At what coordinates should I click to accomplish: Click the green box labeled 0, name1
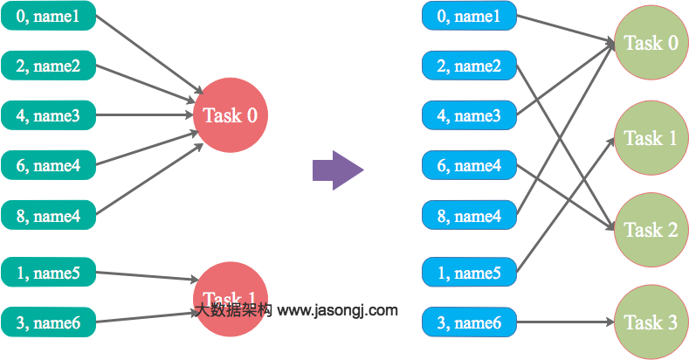point(48,16)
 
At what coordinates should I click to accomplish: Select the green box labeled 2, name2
point(48,66)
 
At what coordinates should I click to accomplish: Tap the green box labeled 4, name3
point(48,115)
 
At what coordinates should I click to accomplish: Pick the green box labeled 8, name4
point(48,215)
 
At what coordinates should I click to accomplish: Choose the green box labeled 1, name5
point(48,273)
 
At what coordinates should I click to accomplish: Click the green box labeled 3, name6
point(48,323)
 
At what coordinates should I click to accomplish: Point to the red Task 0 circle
point(230,115)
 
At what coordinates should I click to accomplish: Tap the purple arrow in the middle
point(337,170)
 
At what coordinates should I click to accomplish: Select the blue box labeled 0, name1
point(469,16)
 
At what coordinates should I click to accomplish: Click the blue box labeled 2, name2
point(469,66)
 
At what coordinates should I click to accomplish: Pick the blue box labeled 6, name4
point(469,165)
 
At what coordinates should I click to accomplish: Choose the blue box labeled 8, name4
point(469,215)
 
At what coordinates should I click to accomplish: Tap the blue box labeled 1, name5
point(469,273)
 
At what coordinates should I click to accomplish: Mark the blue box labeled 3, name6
point(469,323)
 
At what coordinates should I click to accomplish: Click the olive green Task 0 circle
point(651,44)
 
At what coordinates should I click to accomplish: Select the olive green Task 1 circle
point(651,138)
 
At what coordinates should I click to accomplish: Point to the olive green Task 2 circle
point(651,230)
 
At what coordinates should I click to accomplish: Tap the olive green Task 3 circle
point(651,322)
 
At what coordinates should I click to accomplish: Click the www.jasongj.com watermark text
point(337,310)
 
